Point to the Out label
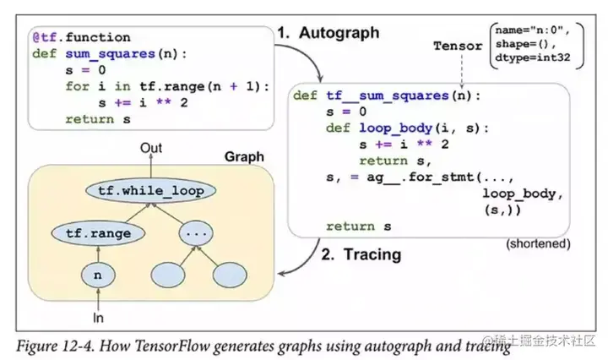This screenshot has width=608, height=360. [x=151, y=149]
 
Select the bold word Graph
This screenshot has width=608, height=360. [x=245, y=157]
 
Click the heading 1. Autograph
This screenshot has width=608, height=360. [x=328, y=33]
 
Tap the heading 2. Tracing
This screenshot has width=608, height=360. [x=361, y=254]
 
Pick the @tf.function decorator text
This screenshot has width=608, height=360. [x=81, y=37]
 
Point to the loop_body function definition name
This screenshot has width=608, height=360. [x=393, y=128]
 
